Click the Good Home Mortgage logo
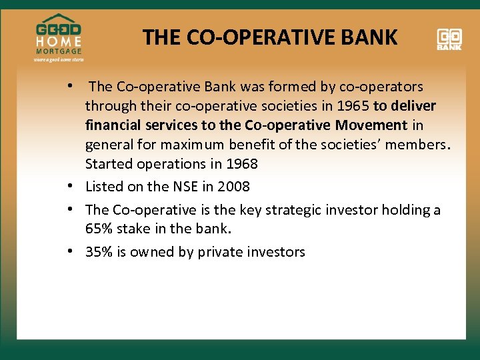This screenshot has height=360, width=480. (59, 37)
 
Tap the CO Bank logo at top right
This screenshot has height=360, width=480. (450, 39)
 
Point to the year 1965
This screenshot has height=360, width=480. (351, 106)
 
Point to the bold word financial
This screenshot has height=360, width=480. (114, 125)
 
